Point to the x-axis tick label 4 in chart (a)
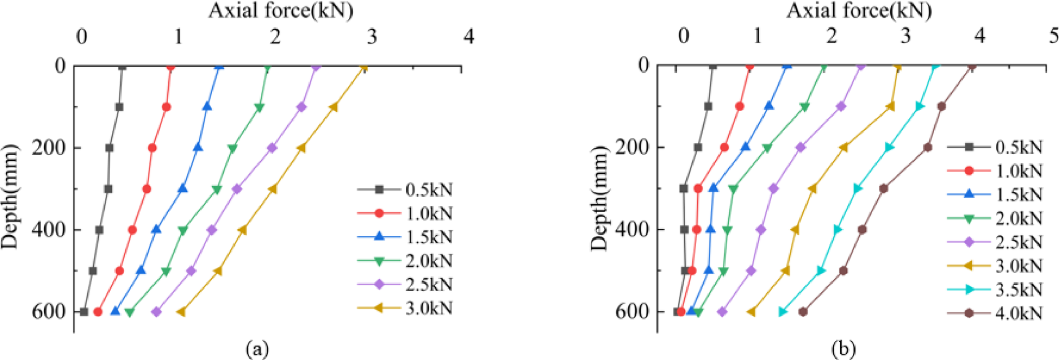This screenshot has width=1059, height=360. [469, 37]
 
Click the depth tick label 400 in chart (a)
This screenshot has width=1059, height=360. [49, 230]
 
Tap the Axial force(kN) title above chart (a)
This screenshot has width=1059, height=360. [281, 10]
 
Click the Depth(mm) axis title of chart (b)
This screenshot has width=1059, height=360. [599, 198]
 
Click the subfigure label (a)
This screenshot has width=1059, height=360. [257, 348]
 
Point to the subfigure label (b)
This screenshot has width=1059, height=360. [843, 348]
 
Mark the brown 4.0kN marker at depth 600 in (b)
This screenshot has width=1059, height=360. [803, 311]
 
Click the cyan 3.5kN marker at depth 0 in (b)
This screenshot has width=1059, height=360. [935, 67]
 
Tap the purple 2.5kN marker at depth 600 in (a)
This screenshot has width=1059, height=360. [156, 312]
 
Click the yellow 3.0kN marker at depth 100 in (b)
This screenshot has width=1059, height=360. [890, 106]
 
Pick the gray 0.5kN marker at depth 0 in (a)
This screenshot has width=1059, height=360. [122, 67]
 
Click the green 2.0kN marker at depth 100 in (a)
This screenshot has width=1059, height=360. [260, 107]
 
